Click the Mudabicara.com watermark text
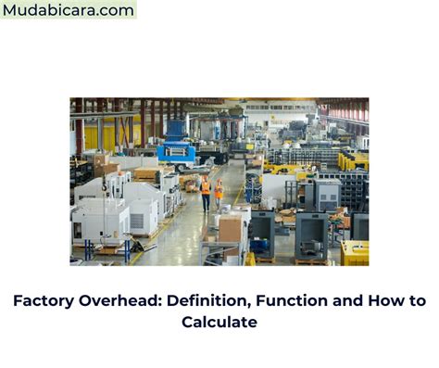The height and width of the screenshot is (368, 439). tap(69, 10)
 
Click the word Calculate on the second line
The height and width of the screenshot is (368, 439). tap(219, 323)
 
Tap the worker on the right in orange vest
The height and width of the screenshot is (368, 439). tap(219, 192)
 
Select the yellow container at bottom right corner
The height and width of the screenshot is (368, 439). tap(354, 252)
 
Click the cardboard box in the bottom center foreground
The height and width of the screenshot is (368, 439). tap(230, 227)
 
